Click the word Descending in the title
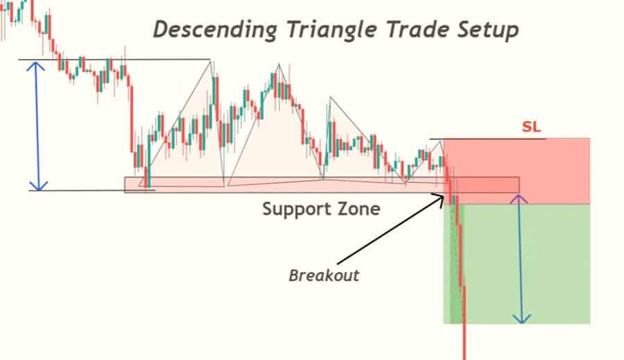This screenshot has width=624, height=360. [x=216, y=30]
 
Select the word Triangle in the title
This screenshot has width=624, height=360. [x=331, y=30]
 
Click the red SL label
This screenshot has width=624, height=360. [x=531, y=127]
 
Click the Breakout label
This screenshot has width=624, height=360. [x=324, y=275]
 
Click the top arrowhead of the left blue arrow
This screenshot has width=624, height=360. [x=35, y=65]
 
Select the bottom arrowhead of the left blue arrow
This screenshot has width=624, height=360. [x=39, y=187]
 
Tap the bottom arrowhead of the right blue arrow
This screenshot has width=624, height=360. [x=521, y=319]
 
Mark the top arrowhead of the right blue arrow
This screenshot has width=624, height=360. [x=519, y=198]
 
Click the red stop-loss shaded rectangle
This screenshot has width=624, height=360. [x=517, y=171]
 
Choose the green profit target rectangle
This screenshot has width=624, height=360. [x=517, y=264]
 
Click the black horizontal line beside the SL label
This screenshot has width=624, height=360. [x=487, y=139]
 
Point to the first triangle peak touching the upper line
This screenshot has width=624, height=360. [x=211, y=60]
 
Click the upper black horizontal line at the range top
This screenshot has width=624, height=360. [x=114, y=60]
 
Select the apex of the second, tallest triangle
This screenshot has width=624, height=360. [x=279, y=64]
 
